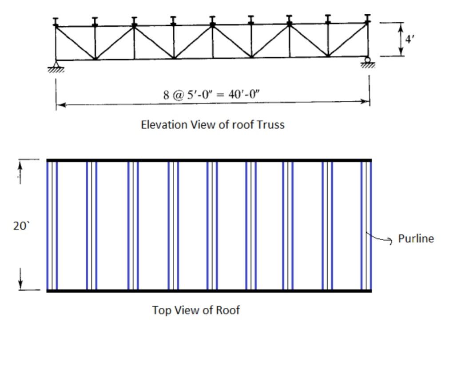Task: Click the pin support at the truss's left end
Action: [56, 65]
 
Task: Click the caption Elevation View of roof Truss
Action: [212, 125]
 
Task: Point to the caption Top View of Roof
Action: [196, 310]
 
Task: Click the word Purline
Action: [416, 238]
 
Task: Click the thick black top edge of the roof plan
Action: [209, 160]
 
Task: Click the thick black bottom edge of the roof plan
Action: [209, 291]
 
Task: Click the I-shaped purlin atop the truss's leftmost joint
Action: [56, 21]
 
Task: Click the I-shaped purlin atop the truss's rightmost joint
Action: [367, 18]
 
